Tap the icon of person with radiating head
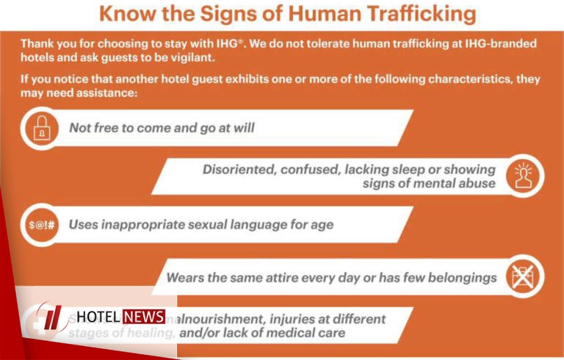(x=526, y=176)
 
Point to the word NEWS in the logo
(x=144, y=317)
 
